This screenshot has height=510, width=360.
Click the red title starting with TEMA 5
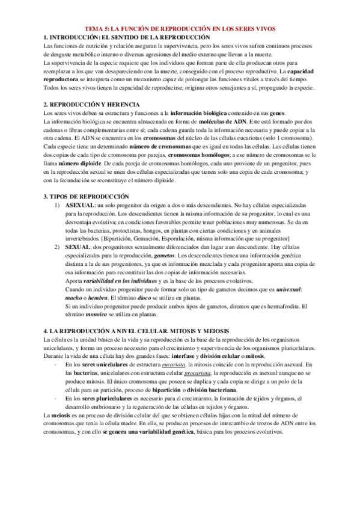[180, 28]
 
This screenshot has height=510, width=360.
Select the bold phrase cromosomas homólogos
[196, 155]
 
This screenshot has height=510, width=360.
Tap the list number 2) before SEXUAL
[56, 247]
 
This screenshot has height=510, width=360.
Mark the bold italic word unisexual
[288, 289]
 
